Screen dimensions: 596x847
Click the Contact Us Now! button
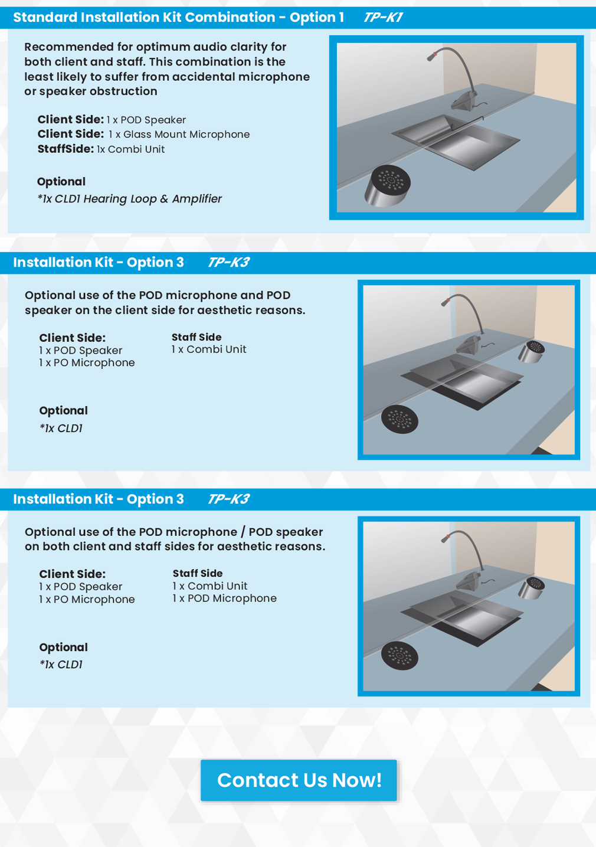[x=299, y=780]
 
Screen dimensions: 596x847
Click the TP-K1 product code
[x=382, y=17]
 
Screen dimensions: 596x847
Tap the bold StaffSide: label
[x=66, y=149]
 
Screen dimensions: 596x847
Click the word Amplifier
[x=197, y=199]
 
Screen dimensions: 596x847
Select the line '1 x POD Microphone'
[x=224, y=598]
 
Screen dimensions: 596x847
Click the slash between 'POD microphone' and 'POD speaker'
[x=243, y=532]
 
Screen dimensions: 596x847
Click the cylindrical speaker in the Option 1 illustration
[x=387, y=186]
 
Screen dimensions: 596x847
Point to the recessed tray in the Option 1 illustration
[x=456, y=142]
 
